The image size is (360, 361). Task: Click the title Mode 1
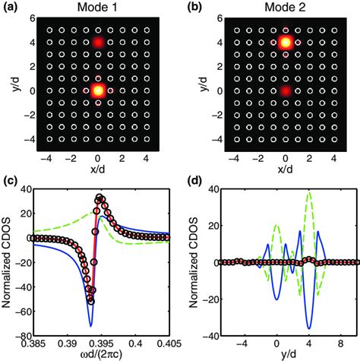(x=98, y=8)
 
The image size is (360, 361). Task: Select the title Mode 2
(x=285, y=8)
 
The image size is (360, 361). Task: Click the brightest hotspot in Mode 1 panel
(x=97, y=90)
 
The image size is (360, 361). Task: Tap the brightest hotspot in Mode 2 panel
(x=285, y=42)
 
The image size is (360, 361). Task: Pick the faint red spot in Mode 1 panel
(x=97, y=42)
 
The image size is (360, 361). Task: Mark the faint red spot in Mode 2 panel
(x=285, y=90)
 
